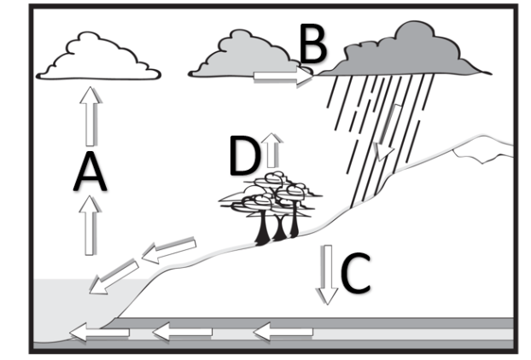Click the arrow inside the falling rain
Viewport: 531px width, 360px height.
pos(388,133)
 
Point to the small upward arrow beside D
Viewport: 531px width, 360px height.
pos(272,148)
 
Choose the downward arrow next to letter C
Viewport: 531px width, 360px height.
pos(326,272)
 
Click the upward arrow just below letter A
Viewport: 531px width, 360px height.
pos(90,223)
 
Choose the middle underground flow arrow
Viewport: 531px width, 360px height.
pos(184,328)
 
